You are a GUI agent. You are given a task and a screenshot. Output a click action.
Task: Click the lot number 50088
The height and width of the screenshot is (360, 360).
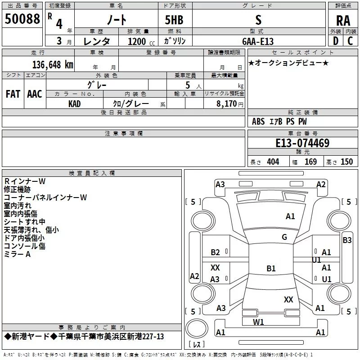tap(22, 18)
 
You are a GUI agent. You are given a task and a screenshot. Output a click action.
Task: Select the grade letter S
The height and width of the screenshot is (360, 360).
tap(258, 20)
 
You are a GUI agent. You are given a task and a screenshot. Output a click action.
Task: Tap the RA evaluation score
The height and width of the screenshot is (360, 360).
tap(343, 21)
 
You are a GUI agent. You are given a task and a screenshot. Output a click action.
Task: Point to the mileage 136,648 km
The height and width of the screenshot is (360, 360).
tap(53, 64)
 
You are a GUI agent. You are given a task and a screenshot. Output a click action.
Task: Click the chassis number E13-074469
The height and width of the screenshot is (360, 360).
tap(302, 143)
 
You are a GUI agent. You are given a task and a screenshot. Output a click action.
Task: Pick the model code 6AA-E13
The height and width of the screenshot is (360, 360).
tap(258, 41)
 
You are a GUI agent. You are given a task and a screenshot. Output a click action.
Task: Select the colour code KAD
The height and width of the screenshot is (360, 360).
tap(74, 104)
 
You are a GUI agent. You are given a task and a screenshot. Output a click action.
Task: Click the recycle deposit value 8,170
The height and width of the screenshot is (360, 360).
tap(226, 103)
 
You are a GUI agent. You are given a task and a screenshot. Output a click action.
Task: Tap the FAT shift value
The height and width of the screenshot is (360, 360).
tap(13, 94)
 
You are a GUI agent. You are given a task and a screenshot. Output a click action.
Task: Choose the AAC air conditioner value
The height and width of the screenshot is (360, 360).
tap(35, 94)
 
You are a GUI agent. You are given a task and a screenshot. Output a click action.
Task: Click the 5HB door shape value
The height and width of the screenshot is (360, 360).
tap(174, 20)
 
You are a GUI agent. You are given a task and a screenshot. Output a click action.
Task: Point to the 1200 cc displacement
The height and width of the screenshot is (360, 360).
tap(141, 41)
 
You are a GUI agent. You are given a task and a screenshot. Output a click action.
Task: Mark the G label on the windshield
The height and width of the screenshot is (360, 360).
tap(284, 237)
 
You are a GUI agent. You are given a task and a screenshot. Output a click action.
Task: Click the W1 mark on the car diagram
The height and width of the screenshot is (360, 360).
tap(258, 322)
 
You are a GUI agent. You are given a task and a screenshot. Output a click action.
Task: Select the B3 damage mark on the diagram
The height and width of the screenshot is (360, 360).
tap(347, 240)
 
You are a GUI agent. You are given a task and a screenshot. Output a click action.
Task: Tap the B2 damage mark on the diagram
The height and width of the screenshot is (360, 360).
tap(215, 252)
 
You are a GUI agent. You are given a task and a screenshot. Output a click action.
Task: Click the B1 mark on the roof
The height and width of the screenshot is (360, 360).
tap(271, 268)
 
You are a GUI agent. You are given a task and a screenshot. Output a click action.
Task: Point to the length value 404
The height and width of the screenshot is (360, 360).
tap(273, 162)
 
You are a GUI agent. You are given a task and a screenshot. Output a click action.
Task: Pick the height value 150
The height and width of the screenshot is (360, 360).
tap(346, 162)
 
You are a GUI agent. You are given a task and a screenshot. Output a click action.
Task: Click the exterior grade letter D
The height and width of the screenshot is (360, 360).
tap(336, 41)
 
